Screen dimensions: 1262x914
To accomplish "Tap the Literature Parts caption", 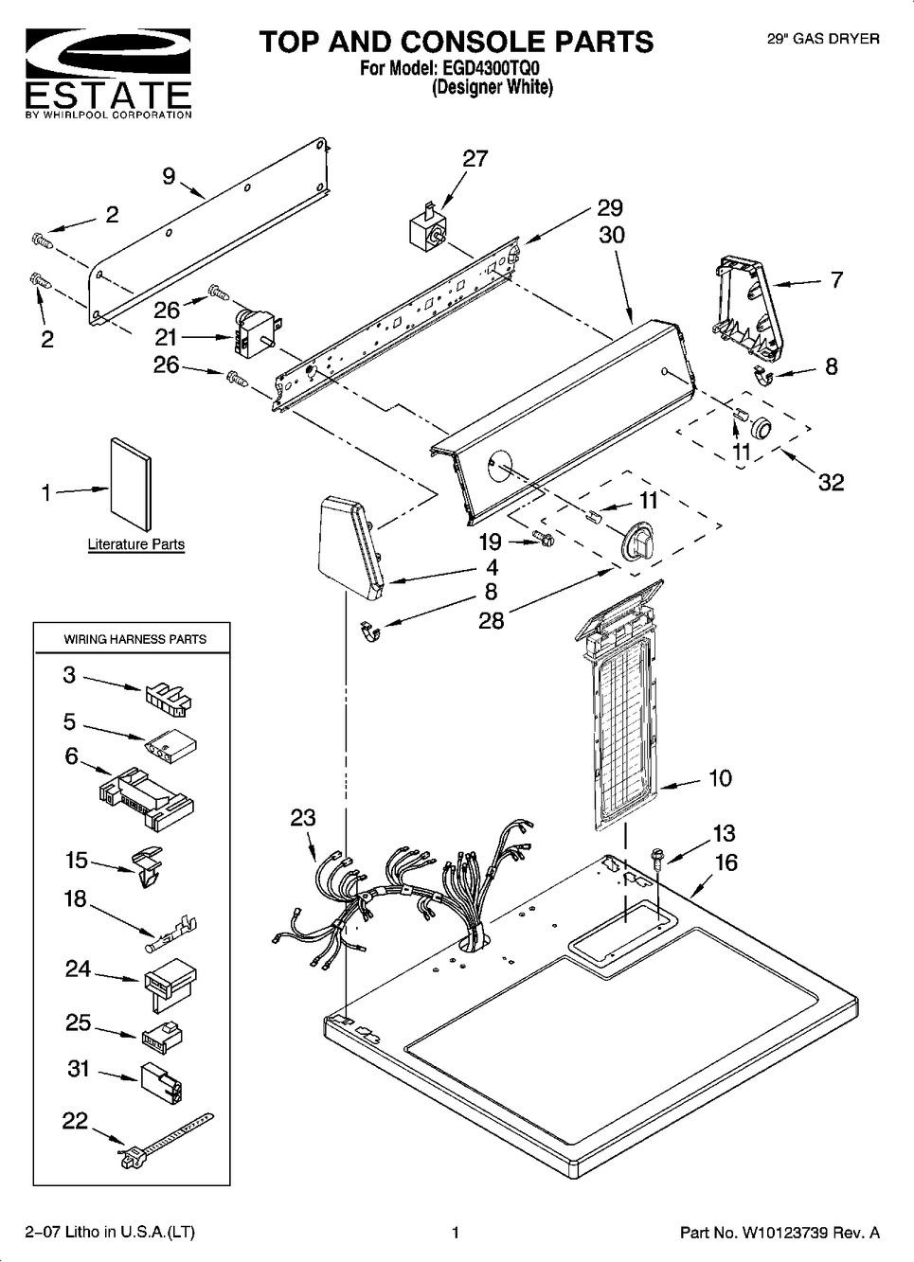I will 135,544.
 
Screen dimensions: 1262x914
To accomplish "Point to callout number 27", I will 475,159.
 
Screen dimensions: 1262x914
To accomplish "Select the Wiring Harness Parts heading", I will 134,639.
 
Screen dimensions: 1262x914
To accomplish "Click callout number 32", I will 830,482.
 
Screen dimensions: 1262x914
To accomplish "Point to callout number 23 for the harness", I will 302,818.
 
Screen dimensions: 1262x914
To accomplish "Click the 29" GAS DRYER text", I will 822,39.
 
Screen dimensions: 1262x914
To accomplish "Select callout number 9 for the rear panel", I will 169,175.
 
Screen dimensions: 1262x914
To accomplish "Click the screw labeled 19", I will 544,540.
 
